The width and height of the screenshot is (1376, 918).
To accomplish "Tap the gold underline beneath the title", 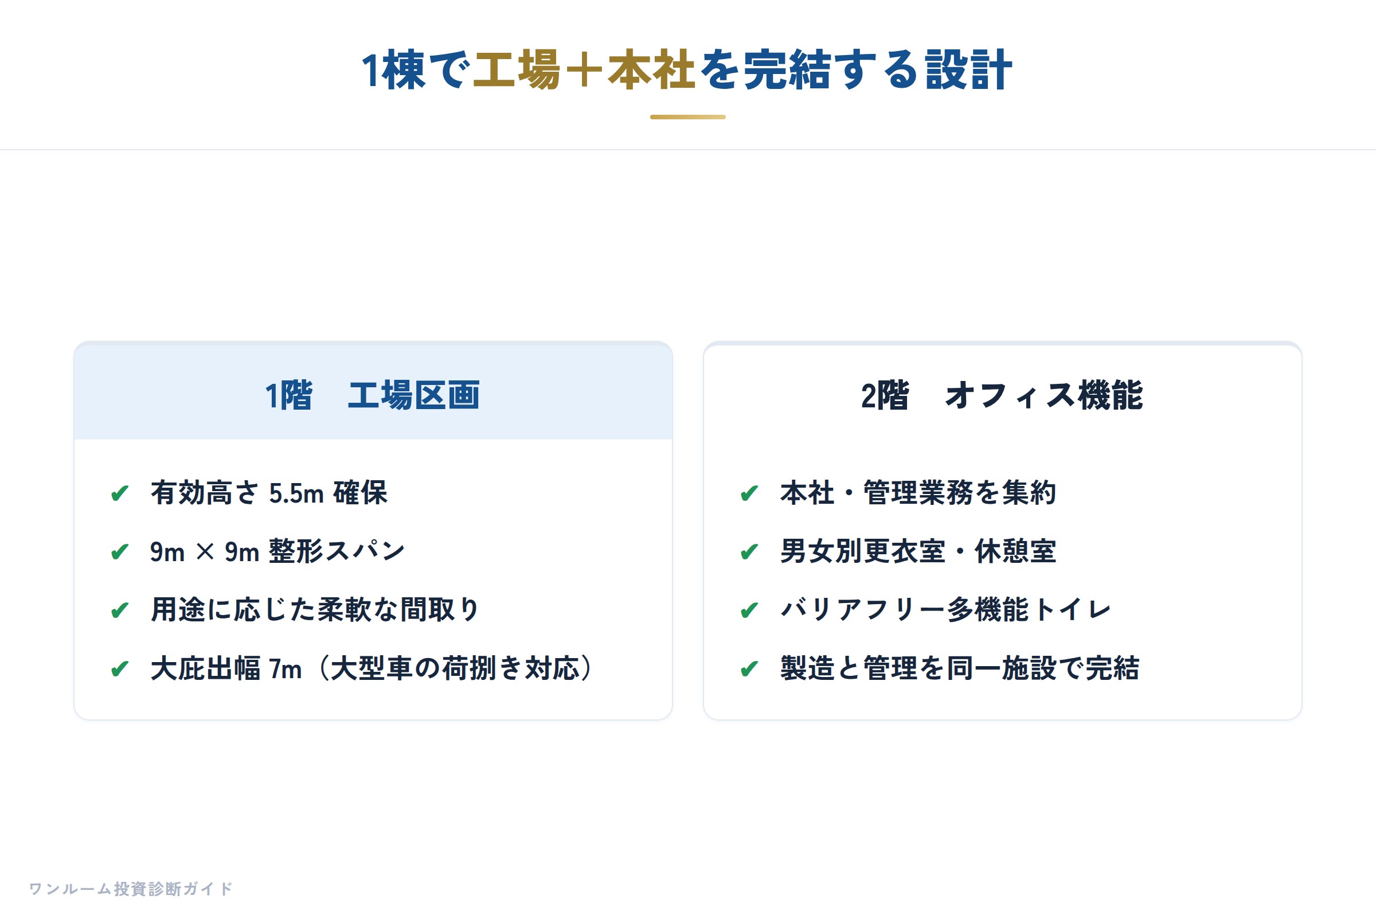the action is point(688,117).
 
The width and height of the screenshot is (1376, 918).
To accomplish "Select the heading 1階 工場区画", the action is point(373,395).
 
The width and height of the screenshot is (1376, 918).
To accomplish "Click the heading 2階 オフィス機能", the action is point(1002,395).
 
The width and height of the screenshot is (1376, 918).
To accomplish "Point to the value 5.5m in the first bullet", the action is point(296,493).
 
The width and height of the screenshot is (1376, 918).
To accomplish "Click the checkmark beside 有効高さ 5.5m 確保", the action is point(120,493).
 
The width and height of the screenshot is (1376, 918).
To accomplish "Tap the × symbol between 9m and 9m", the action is point(205,551).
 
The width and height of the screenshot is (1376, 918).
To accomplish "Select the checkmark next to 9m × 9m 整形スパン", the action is point(120,552).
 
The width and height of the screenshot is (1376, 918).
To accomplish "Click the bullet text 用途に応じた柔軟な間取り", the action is point(315,609).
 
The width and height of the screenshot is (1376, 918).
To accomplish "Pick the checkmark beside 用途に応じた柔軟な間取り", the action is point(120,610).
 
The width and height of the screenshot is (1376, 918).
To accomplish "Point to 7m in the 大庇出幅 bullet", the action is point(285,668).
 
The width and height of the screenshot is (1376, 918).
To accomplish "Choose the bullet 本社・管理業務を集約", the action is point(918,492).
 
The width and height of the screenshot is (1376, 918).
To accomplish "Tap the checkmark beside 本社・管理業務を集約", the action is point(749,493).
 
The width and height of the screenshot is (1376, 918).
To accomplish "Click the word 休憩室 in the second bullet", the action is point(1015,551).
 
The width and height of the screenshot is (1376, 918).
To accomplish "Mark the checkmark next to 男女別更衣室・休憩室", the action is point(749,552).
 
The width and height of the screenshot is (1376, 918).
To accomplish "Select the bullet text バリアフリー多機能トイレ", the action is point(945,609).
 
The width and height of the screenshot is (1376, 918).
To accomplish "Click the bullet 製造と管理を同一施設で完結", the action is point(959,668).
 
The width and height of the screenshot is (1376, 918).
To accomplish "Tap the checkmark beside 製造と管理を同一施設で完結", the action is point(749,669).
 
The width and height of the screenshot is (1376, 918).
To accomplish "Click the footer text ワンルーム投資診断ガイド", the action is point(131,889).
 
